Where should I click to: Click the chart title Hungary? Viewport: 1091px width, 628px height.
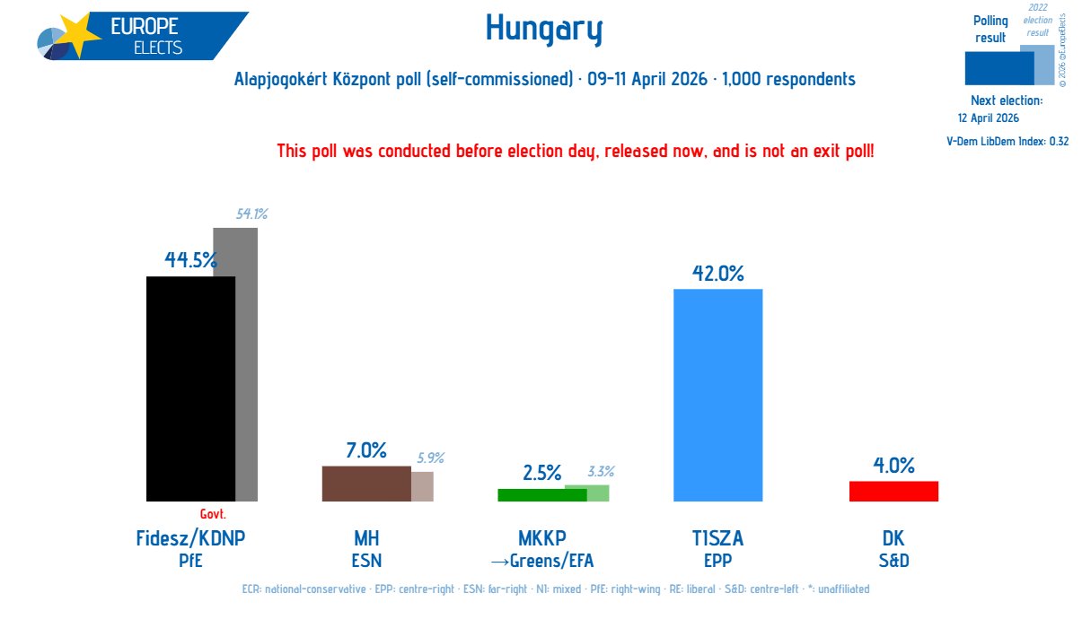coord(544,30)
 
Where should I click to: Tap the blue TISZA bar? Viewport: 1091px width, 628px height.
coord(717,395)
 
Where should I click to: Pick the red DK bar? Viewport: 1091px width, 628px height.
coord(893,491)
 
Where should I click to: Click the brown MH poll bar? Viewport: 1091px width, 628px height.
coord(365,484)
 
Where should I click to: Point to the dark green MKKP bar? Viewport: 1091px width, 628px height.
coord(541,494)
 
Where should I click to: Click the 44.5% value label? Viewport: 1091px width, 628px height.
coord(190,260)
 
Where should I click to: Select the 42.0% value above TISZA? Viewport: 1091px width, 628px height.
coord(717,273)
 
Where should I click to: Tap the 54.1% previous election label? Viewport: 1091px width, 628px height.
coord(252,214)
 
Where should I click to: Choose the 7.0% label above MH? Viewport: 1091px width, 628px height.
coord(365,449)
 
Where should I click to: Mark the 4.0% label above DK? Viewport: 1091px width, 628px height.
coord(893,465)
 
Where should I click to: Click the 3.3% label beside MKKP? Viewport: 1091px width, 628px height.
coord(601,472)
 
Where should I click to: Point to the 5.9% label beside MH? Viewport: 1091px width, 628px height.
coord(430,458)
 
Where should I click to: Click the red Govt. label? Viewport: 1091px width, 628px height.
coord(213,515)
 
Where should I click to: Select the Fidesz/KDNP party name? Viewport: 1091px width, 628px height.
coord(190,538)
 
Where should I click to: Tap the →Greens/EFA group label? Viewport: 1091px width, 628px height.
coord(541,562)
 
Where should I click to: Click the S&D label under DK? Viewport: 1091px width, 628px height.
coord(893,562)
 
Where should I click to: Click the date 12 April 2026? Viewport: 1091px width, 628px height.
coord(988,118)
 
